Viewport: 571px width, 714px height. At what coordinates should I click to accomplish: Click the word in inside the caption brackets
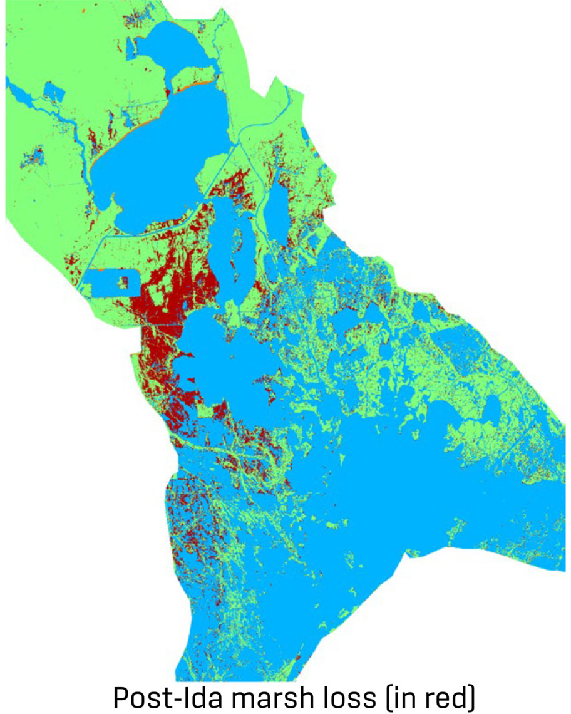(x=401, y=696)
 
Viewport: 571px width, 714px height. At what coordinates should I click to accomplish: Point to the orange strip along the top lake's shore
(x=188, y=88)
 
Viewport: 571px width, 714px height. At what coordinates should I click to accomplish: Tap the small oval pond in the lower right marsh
(x=492, y=410)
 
